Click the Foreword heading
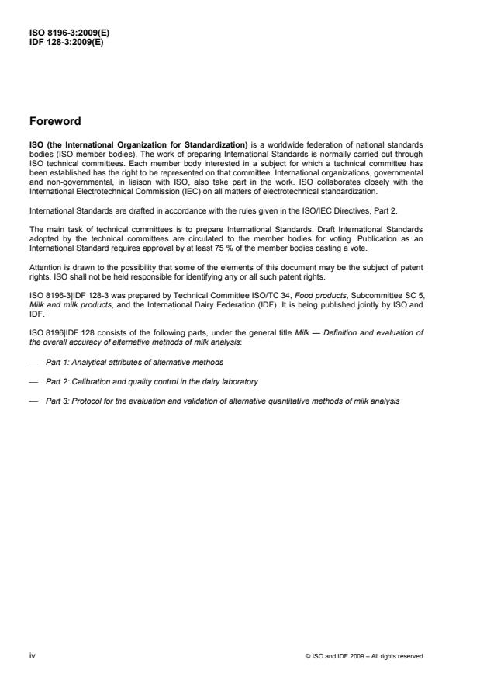(55, 121)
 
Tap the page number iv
(32, 655)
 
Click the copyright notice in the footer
(364, 656)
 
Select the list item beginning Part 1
(134, 363)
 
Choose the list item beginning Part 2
(151, 381)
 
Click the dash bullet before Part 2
(33, 381)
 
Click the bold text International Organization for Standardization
(131, 146)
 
